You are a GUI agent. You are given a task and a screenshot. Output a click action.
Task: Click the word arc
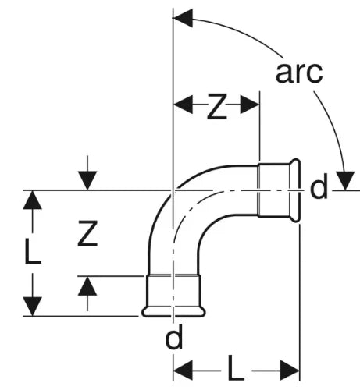pos(299,73)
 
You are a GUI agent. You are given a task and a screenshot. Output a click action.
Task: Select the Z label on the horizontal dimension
pos(217,106)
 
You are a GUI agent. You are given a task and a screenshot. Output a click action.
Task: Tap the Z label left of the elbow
pos(87,233)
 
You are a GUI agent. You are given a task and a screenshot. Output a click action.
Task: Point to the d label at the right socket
pos(319,186)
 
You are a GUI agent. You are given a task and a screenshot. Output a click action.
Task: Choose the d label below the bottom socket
pos(174,336)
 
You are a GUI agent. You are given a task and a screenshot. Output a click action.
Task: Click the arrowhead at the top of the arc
pos(183,18)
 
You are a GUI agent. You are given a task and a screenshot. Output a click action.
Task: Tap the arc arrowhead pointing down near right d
pos(345,181)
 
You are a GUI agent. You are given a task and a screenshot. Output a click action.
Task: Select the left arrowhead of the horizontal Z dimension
pos(184,105)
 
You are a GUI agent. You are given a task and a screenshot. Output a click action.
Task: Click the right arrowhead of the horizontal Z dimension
pos(250,105)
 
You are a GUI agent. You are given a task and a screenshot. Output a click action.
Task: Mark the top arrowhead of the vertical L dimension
pos(32,200)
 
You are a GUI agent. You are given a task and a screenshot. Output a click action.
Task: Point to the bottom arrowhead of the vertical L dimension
pos(32,307)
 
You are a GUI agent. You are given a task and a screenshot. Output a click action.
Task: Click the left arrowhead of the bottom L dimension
pos(183,370)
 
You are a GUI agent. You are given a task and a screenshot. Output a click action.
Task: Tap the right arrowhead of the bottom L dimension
pos(290,370)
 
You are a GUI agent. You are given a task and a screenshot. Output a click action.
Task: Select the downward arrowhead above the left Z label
pos(87,181)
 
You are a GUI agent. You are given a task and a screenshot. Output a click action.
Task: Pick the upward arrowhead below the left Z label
pos(87,285)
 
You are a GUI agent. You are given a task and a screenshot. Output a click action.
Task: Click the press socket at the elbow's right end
pos(279,190)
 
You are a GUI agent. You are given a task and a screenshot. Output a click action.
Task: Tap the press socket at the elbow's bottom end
pos(173,296)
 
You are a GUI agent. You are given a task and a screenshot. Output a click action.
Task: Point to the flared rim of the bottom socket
pos(173,312)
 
